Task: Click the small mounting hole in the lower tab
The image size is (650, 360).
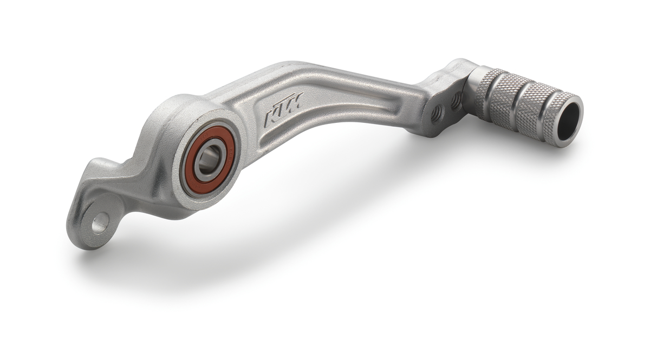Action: point(100,222)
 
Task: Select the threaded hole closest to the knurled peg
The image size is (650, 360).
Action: point(456,100)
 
